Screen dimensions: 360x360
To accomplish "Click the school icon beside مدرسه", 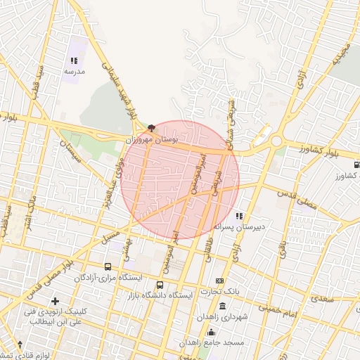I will (75, 61).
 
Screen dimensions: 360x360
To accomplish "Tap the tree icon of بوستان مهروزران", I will (152, 129).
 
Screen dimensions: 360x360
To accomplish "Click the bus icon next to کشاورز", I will (357, 164).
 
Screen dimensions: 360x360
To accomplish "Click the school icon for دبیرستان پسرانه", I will (240, 216).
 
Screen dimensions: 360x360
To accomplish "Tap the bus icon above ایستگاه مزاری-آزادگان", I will (108, 267).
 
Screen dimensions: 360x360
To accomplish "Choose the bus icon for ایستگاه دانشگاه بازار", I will (160, 285).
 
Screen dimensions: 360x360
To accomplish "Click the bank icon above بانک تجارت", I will (219, 281).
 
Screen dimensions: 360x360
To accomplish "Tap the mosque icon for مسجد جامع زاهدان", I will (211, 331).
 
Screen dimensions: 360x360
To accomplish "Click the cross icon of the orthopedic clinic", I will (56, 301).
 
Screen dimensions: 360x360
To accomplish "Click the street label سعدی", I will (323, 299).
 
